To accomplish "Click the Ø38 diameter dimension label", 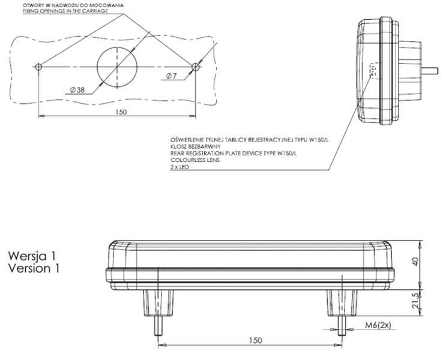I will click(76, 89).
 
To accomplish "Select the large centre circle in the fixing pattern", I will click(117, 65).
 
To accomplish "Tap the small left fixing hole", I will click(39, 66).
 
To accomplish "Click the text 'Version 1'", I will click(34, 268).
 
